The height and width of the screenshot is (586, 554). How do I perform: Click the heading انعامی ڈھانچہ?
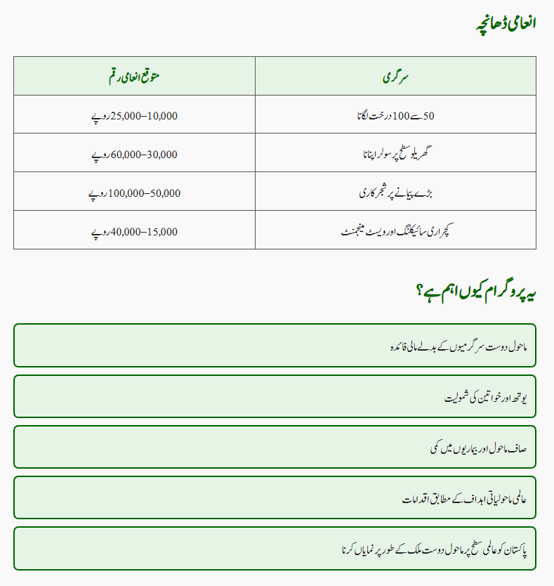(505, 22)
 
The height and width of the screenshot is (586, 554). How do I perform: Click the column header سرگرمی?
(395, 76)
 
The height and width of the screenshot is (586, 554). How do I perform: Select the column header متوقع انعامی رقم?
(134, 76)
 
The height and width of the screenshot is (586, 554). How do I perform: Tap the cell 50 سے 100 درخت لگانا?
(395, 115)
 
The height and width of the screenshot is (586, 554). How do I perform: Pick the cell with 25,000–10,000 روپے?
(134, 115)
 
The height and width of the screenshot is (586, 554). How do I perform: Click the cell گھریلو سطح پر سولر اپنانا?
(395, 153)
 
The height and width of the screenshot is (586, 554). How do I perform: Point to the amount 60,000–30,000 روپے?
(134, 153)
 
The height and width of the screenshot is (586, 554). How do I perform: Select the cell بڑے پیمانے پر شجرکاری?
(395, 192)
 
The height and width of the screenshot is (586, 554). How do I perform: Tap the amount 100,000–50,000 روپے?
(134, 192)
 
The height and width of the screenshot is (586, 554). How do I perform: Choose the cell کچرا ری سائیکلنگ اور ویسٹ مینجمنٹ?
(395, 230)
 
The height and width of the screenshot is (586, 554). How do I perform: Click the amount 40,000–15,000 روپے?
(134, 230)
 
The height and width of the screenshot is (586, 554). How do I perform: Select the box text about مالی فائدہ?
(458, 346)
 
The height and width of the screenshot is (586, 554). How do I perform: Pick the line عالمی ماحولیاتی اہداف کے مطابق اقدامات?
(464, 498)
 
